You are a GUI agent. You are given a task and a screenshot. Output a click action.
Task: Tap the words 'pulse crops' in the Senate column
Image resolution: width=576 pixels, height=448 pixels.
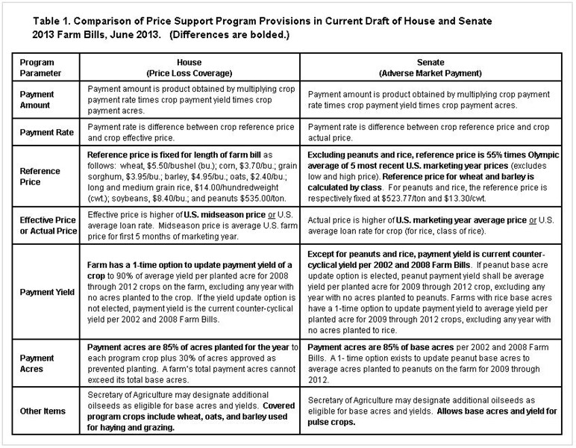point(332,421)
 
